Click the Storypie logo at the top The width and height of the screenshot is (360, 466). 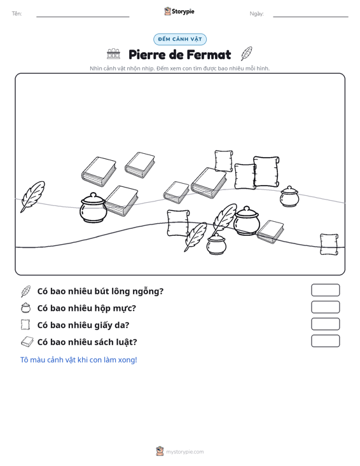pos(179,11)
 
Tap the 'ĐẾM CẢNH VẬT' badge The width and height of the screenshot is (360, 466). pos(180,39)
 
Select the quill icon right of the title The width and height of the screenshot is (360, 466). pos(246,53)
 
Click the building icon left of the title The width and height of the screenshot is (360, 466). pos(114,54)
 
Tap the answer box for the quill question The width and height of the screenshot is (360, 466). pos(325,290)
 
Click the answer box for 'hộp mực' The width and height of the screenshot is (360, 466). pos(325,307)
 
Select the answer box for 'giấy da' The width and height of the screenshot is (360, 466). pos(325,324)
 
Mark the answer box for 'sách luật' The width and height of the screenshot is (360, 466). pos(325,341)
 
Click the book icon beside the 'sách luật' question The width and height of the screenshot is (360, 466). pos(27,342)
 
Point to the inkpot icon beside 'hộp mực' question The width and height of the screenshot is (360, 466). pos(26,308)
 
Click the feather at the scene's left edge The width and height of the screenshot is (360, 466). pos(32,196)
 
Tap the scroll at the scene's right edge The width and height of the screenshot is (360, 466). pos(329,244)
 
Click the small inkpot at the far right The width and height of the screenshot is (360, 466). pos(289,196)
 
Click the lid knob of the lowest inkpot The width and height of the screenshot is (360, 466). pos(216,235)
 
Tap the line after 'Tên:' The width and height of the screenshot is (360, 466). pos(83,17)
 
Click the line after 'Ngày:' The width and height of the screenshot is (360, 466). pos(310,17)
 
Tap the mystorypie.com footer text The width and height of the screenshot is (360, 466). pos(185,452)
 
